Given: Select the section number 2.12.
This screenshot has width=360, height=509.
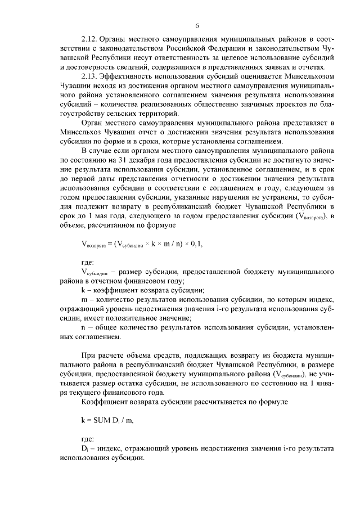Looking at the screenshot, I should pyautogui.click(x=90, y=40).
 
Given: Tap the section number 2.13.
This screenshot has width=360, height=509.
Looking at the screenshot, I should pyautogui.click(x=90, y=76).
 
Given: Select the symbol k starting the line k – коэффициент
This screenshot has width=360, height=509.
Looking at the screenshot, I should pyautogui.click(x=83, y=291).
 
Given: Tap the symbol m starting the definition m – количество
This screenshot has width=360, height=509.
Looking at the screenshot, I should pyautogui.click(x=84, y=300).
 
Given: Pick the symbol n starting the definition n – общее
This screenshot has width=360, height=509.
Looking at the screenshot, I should pyautogui.click(x=83, y=327).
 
